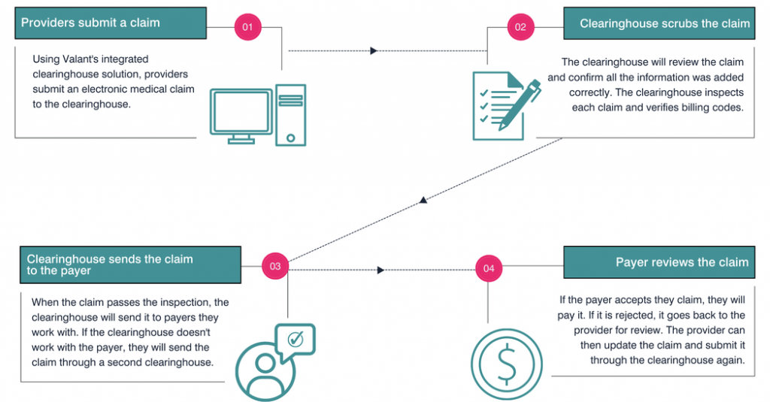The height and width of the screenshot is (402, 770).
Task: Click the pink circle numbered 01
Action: [x=246, y=28]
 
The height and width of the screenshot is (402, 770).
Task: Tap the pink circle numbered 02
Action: [x=520, y=28]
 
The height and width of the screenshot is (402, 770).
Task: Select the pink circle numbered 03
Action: [x=274, y=266]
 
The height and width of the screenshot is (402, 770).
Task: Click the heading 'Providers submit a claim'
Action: [x=90, y=23]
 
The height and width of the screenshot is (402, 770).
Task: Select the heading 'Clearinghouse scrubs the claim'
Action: [x=665, y=23]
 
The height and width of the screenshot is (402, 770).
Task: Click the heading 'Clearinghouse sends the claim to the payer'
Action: [x=110, y=264]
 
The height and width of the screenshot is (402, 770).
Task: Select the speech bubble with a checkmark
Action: [x=296, y=340]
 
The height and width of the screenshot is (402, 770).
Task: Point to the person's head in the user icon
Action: [x=265, y=364]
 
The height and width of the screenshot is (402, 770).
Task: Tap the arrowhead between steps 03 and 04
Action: [x=381, y=270]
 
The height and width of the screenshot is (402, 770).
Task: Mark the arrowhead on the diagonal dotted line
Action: [x=423, y=200]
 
